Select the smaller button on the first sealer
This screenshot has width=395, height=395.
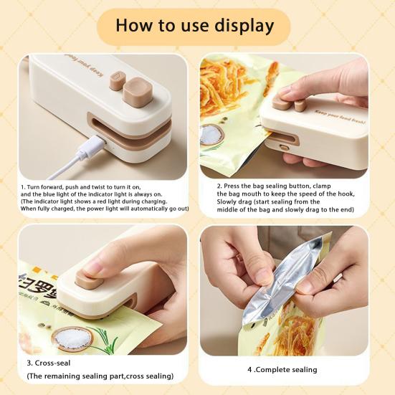point(117,83)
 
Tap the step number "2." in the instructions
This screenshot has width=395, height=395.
point(220,186)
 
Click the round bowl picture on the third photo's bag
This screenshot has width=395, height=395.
point(71,338)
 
